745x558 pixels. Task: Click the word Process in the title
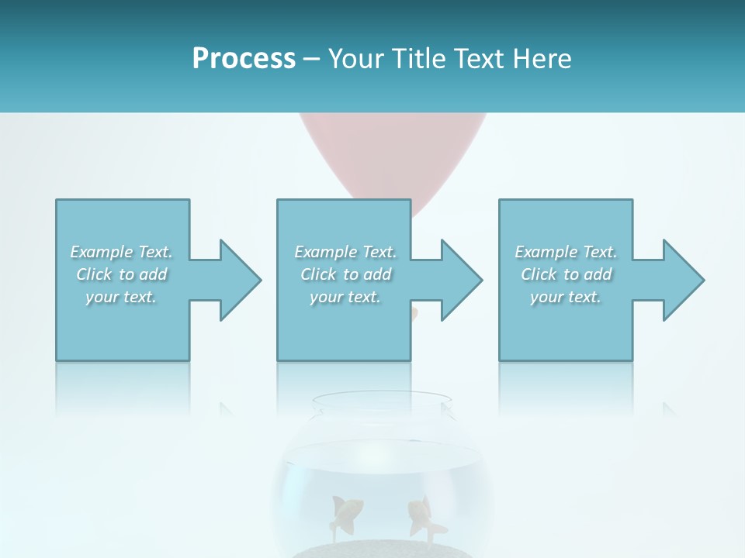pos(244,59)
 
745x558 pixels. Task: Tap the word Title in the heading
pos(418,59)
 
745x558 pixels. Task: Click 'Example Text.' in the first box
pos(121,252)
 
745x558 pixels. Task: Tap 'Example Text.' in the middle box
pos(345,252)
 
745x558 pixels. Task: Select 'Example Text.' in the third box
pos(566,252)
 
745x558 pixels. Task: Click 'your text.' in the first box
pos(121,297)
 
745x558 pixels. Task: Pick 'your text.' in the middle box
pos(345,297)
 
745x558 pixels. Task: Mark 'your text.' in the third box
pos(566,297)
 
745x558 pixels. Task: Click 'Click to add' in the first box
pos(121,274)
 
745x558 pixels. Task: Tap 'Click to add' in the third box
pos(566,274)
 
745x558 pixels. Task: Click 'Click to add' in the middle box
pos(345,274)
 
